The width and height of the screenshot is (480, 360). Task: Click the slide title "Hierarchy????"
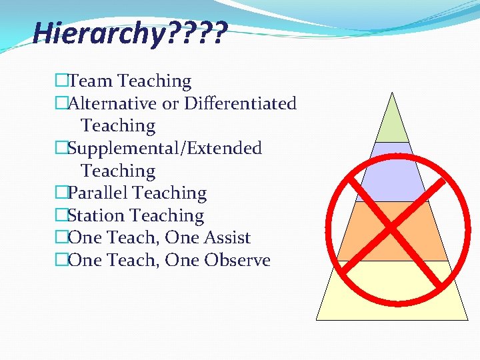[130, 32]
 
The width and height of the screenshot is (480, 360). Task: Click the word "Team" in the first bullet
[91, 81]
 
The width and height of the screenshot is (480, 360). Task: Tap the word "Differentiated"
[240, 104]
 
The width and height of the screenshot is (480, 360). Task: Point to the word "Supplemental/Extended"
[165, 148]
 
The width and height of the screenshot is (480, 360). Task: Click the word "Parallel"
[99, 193]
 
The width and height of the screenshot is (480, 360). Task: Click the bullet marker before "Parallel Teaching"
[62, 193]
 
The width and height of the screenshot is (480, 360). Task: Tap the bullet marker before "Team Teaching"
[62, 81]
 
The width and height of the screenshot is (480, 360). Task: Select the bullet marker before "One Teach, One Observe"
[62, 261]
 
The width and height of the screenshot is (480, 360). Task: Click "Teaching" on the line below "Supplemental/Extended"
[118, 171]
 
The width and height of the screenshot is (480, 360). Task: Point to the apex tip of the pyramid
[393, 93]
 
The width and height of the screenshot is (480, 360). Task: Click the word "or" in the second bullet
[171, 104]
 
